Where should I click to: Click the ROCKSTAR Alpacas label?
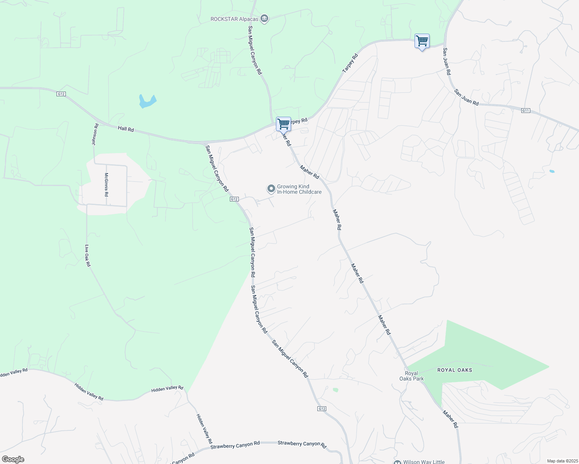[x=235, y=19]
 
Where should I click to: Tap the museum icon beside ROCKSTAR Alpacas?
[x=265, y=19]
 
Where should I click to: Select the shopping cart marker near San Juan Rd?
[x=422, y=41]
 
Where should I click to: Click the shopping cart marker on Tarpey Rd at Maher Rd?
[x=283, y=125]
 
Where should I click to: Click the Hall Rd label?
[x=126, y=129]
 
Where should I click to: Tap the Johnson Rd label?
[x=94, y=134]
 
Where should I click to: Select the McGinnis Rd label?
[x=106, y=184]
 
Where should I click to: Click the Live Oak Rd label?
[x=87, y=256]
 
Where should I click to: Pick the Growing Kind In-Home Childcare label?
[x=299, y=189]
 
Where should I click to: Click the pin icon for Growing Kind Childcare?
[x=271, y=189]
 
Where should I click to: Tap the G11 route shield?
[x=525, y=111]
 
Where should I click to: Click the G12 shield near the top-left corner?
[x=61, y=94]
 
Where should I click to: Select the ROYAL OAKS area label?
[x=455, y=370]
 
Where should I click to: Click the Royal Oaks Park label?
[x=411, y=376]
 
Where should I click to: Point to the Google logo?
[x=13, y=459]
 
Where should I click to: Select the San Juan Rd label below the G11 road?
[x=466, y=97]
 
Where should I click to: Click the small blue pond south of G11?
[x=552, y=171]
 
